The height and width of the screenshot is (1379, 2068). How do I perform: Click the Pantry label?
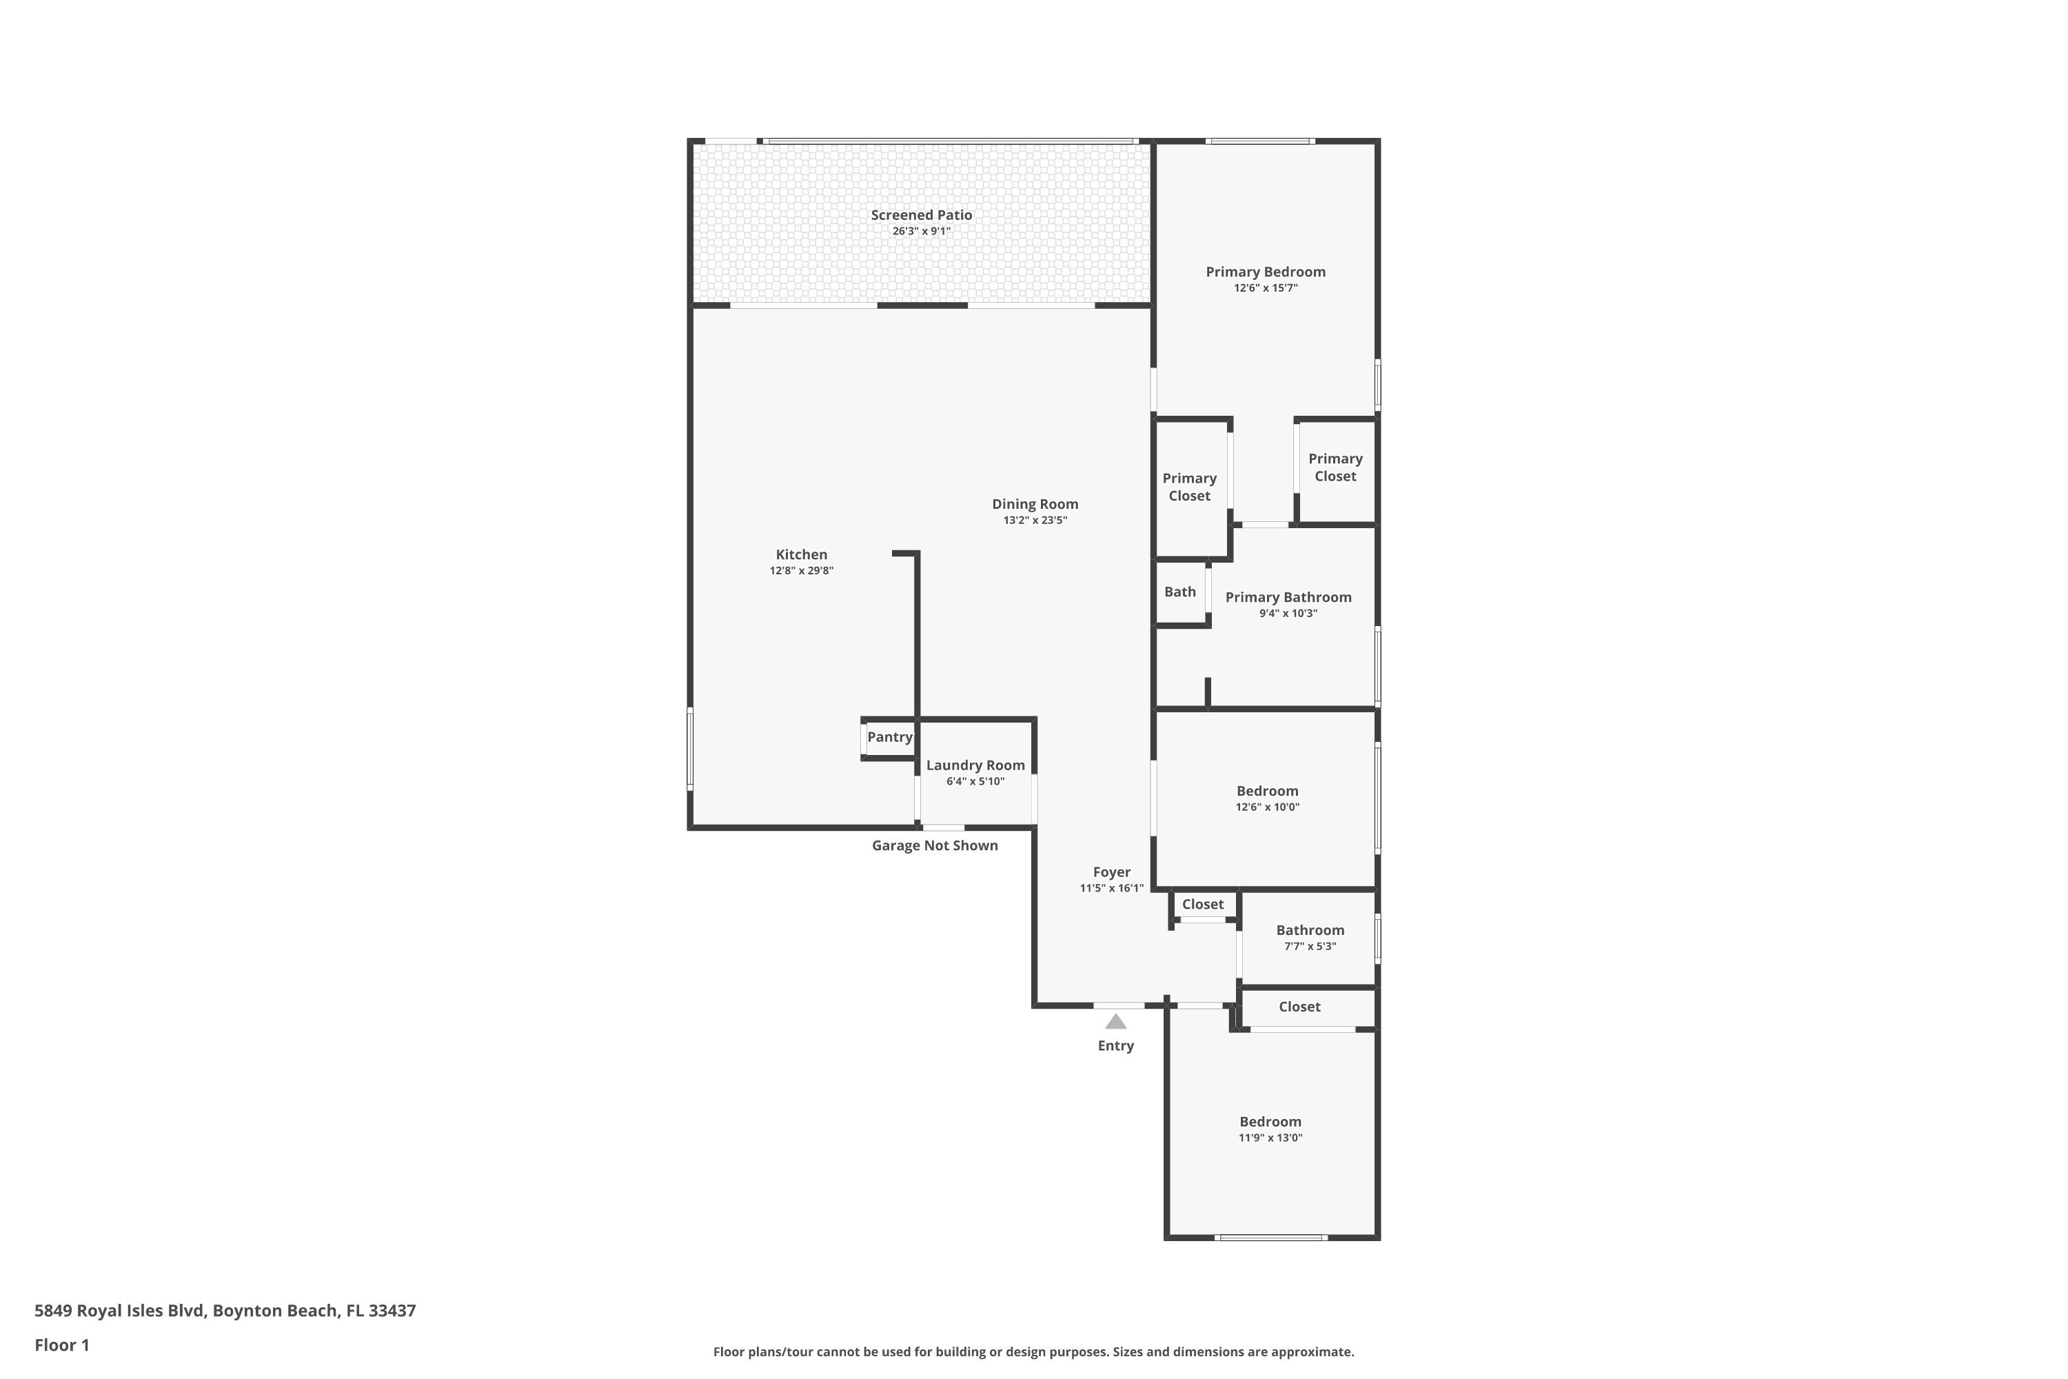point(889,737)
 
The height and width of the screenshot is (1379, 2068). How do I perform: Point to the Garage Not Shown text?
point(934,845)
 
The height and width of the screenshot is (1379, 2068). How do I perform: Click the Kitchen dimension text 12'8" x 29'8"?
point(801,571)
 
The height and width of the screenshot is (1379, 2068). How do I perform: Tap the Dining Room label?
point(1034,504)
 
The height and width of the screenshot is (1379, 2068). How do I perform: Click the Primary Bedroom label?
point(1264,272)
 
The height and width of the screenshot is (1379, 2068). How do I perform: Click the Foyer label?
point(1111,872)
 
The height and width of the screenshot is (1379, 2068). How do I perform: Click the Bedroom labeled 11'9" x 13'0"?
point(1270,1121)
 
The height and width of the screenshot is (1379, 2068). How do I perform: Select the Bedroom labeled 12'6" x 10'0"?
point(1266,791)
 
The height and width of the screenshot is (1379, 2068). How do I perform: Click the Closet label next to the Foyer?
point(1202,904)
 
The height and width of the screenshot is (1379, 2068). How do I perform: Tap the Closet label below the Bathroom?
point(1299,1006)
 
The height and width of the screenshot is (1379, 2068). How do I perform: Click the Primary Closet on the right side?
point(1334,467)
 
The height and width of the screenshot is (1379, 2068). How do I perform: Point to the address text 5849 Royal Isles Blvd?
point(224,1311)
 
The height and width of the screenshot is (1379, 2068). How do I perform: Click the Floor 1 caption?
point(61,1345)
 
